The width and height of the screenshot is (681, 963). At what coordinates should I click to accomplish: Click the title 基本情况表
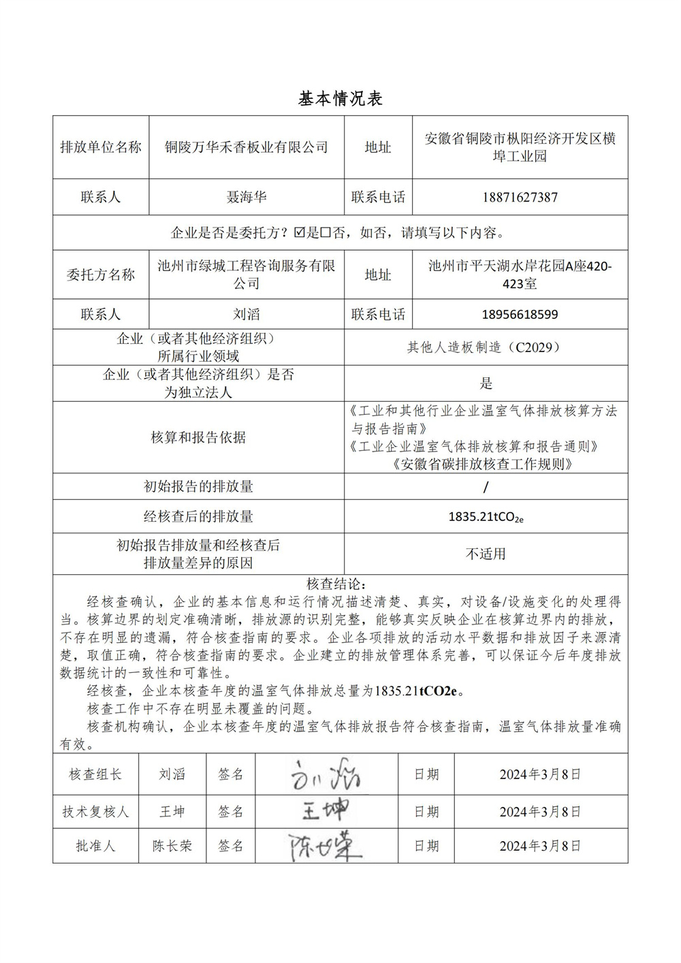tap(340, 99)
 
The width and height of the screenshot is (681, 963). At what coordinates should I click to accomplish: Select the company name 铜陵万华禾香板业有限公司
tap(247, 147)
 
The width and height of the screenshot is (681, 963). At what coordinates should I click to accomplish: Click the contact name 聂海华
tap(247, 198)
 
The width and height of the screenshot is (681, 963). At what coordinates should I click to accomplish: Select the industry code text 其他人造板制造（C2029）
tap(486, 347)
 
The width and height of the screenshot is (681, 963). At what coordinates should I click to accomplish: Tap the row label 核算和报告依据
tap(198, 437)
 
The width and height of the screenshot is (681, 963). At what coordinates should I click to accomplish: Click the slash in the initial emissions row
tap(486, 487)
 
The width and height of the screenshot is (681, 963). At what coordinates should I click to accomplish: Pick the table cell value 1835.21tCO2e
tap(486, 517)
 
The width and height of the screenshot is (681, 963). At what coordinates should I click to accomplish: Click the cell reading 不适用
tap(486, 554)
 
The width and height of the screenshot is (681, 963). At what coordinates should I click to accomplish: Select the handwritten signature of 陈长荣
tap(324, 847)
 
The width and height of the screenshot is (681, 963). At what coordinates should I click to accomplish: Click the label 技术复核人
tap(95, 812)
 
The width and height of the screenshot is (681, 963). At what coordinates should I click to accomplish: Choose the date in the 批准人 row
tap(540, 846)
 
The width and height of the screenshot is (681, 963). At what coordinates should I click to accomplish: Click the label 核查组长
tap(95, 774)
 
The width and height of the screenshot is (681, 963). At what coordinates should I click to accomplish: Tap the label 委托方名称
tap(101, 274)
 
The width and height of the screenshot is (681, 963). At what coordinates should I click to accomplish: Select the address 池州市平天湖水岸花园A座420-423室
tap(520, 274)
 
